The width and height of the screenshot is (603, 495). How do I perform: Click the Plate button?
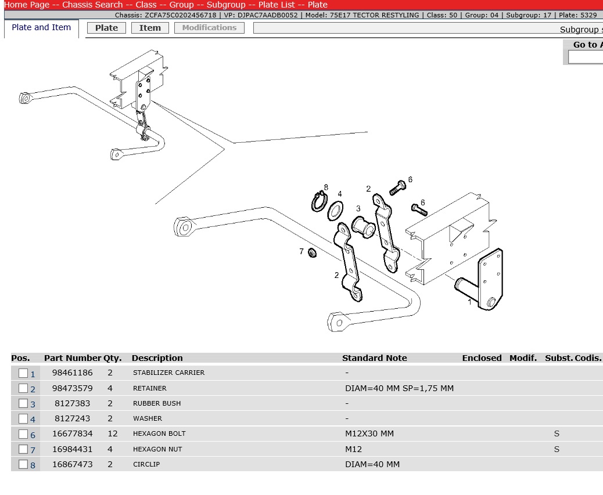tap(106, 28)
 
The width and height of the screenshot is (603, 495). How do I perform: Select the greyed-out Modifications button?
tap(209, 28)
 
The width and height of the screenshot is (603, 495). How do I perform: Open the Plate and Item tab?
tap(41, 28)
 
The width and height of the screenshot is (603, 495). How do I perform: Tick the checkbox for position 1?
tap(23, 373)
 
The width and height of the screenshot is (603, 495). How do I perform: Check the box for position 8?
tap(23, 464)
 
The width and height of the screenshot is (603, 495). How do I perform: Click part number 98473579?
tap(72, 388)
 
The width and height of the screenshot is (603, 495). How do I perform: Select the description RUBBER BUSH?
tap(157, 403)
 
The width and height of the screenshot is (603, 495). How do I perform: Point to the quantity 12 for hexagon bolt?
tap(113, 433)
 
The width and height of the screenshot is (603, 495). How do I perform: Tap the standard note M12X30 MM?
tap(369, 433)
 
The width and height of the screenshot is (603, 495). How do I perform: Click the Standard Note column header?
tap(375, 358)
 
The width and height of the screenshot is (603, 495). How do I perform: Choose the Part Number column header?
tap(73, 358)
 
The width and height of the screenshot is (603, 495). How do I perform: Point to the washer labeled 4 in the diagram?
tap(335, 211)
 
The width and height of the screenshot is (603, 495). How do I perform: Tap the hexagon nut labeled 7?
tap(313, 253)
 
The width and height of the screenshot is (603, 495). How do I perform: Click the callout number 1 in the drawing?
tap(469, 302)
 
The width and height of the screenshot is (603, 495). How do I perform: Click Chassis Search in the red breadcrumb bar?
tap(92, 5)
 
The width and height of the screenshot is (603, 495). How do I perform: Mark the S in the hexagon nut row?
tap(557, 449)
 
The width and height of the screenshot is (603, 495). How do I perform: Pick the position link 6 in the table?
tap(33, 435)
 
